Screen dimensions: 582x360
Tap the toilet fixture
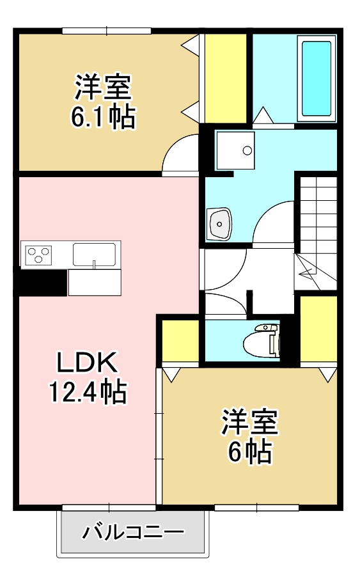click(264, 342)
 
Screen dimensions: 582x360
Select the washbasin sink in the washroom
click(219, 224)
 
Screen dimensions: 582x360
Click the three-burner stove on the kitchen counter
click(38, 255)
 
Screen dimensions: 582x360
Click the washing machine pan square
click(235, 151)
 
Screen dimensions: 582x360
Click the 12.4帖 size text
click(88, 391)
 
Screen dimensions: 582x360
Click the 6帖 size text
click(250, 452)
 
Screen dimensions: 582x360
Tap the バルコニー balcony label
click(133, 532)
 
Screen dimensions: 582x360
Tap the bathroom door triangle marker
click(263, 116)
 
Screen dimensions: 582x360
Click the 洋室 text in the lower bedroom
click(249, 422)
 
